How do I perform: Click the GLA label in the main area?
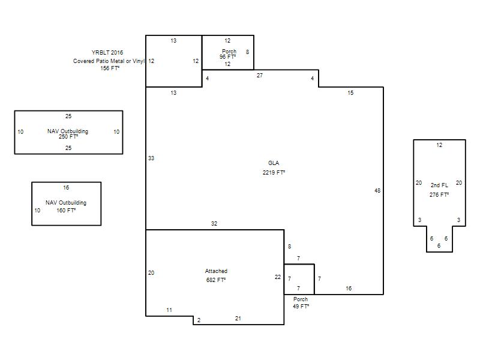point(274,163)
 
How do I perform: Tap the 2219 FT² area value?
point(274,172)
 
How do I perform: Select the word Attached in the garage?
point(216,271)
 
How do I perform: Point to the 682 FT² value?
point(216,280)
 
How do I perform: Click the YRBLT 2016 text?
point(107,52)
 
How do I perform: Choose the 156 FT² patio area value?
point(110,68)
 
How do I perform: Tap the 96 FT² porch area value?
point(227,56)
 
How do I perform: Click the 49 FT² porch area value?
point(301,306)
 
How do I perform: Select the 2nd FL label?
point(439,185)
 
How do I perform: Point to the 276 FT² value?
point(439,194)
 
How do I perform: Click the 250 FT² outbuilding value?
point(68,137)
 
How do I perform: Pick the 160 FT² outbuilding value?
point(66,211)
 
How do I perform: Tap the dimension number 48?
point(377,190)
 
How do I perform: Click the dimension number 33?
point(151,158)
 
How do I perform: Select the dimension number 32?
point(214,223)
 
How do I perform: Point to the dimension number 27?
point(260,76)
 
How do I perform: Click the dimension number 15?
point(350,93)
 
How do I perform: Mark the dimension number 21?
point(238,319)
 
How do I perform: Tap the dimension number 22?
point(278,277)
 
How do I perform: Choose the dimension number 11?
point(169,310)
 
